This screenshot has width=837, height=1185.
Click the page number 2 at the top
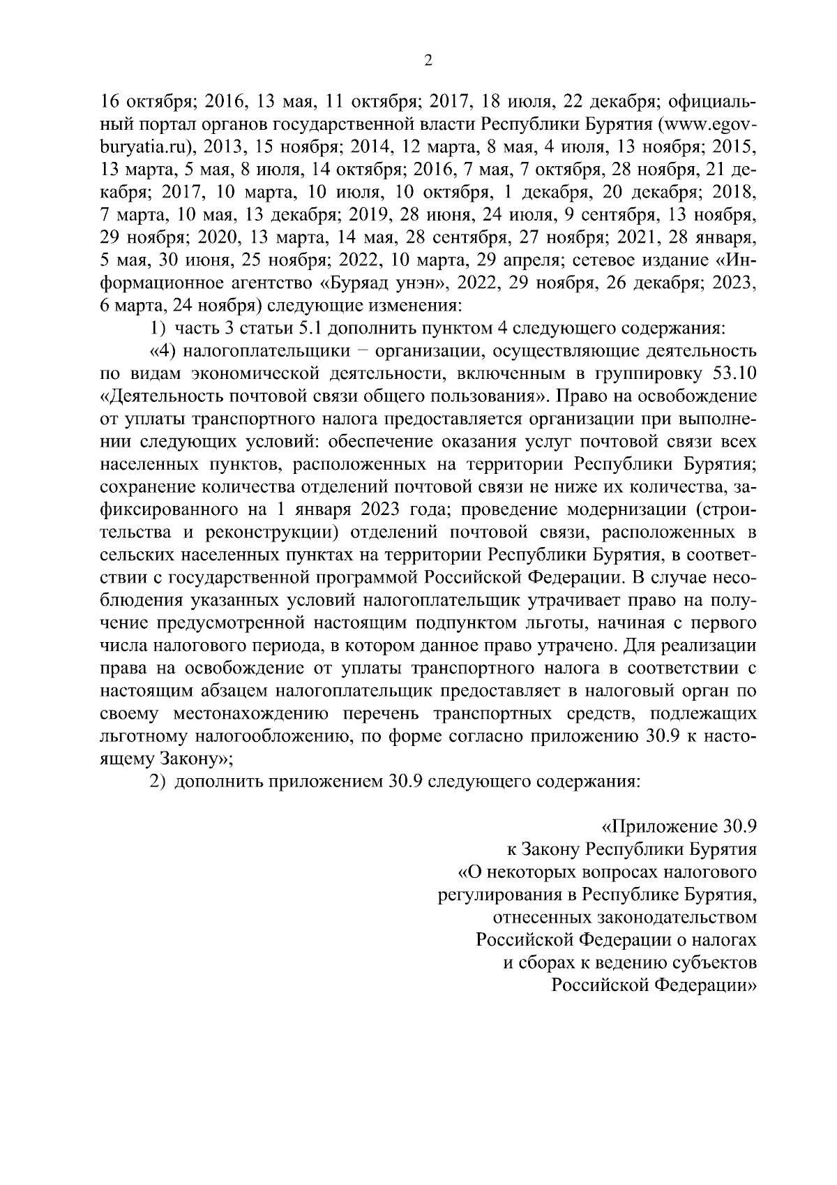[428, 62]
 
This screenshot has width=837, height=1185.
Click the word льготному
[143, 736]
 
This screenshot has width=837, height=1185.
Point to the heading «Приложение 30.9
[679, 828]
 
